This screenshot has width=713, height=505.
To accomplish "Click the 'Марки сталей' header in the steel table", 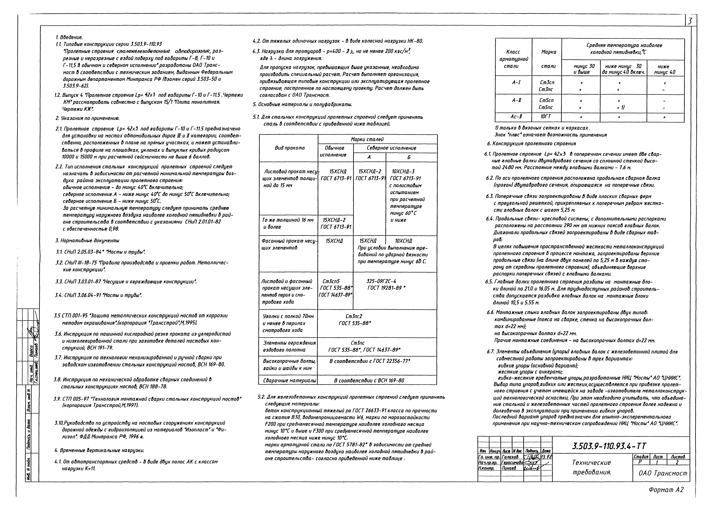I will click(367, 139).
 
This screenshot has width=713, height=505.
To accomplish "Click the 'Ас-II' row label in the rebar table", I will click(516, 117).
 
